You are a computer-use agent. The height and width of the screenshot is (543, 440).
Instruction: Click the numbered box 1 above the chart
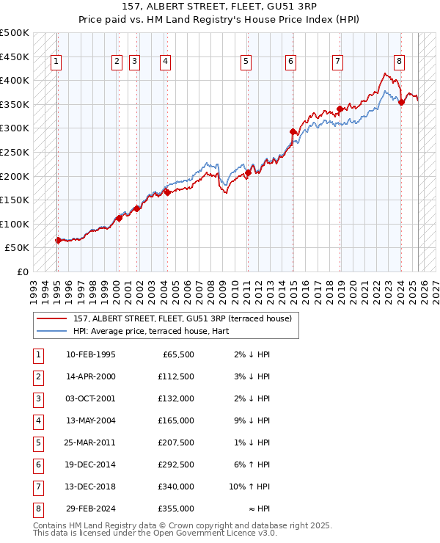56,62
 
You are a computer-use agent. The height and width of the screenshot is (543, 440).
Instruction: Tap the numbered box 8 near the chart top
399,62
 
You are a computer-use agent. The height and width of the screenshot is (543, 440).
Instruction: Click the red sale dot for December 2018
340,109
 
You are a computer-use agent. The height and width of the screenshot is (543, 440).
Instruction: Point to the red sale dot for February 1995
58,240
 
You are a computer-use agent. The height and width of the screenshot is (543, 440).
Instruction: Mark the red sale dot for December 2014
293,132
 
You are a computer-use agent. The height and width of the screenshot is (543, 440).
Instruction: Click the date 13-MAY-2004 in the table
90,420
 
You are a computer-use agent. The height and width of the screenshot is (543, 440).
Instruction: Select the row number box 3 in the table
37,398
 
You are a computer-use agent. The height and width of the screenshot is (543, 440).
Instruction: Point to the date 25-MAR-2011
90,443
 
